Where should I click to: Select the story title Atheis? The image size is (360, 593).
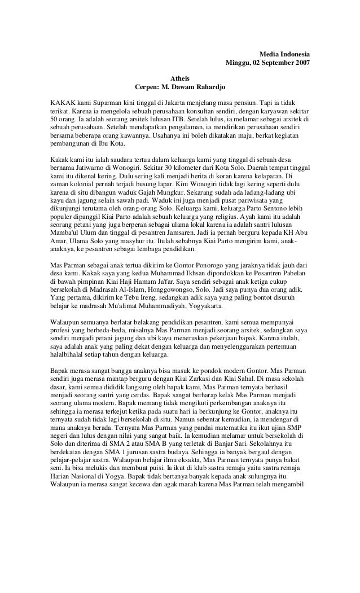pos(180,78)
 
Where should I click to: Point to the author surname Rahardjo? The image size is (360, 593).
pos(210,87)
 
